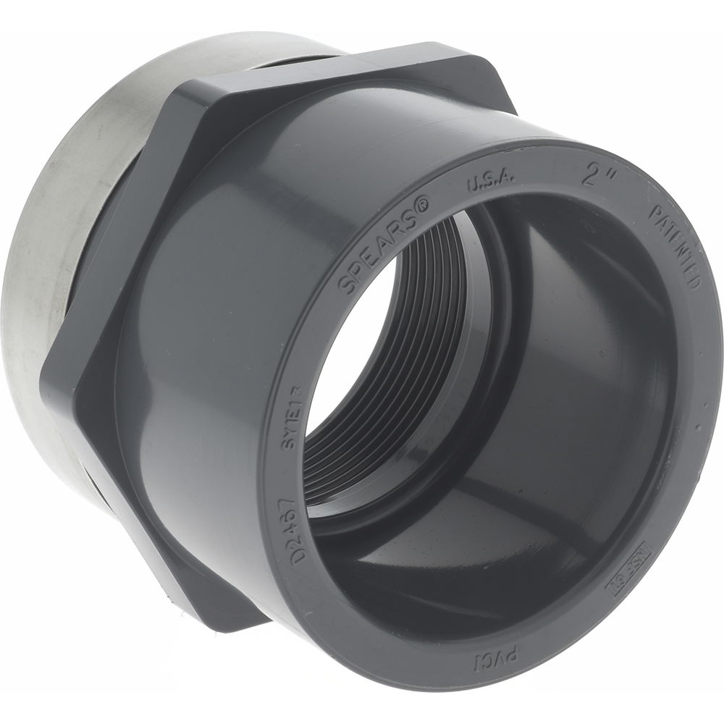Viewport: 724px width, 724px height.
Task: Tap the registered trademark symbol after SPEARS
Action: [x=424, y=203]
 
